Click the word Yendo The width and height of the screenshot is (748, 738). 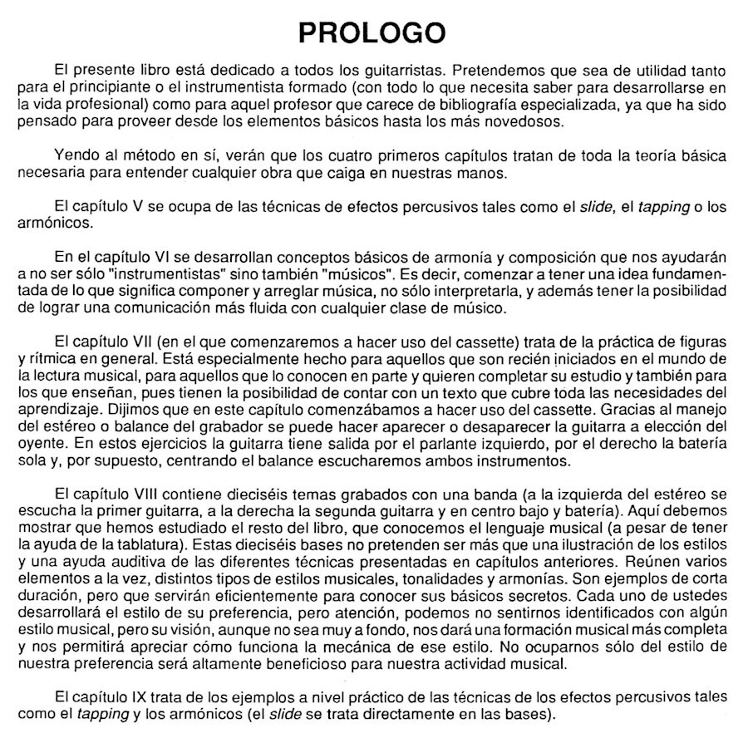tap(71, 155)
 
